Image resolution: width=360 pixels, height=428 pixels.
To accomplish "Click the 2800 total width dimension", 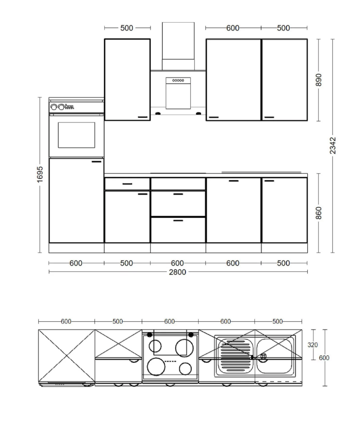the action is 178,272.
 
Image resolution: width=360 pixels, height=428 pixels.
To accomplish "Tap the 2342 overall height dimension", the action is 333,146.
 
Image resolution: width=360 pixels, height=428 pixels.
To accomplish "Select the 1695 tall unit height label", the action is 40,174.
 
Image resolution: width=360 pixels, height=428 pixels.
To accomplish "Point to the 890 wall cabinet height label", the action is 318,80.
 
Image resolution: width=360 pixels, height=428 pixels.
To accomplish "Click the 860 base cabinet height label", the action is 318,213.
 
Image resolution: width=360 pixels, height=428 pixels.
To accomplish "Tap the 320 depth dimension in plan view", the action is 312,345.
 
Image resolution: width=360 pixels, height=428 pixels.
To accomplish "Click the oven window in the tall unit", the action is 76,135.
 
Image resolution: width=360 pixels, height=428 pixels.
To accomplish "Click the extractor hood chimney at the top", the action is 178,46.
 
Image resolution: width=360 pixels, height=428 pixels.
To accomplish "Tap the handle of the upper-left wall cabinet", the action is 143,117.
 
